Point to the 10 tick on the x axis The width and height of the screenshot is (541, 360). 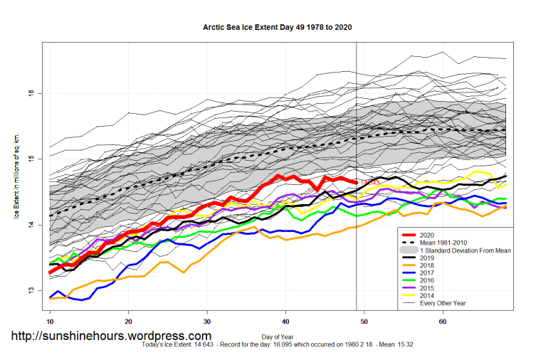[50, 322]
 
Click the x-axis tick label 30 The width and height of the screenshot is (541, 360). [207, 322]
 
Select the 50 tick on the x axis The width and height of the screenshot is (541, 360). [364, 322]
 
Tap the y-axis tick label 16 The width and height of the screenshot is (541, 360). [31, 93]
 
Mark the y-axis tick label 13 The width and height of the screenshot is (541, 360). [31, 291]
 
